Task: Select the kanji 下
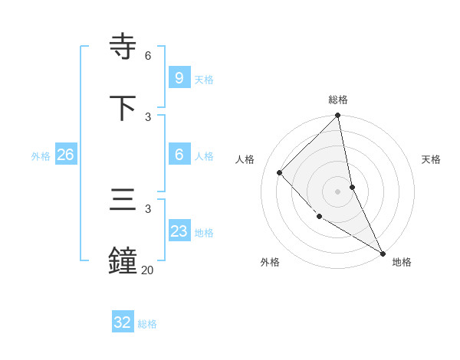124,108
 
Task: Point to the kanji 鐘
124,260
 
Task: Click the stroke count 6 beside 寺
148,56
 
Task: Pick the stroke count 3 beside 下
148,116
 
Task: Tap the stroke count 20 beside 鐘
147,270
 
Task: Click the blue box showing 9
179,78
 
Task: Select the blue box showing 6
179,155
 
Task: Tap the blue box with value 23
179,231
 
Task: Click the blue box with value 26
65,155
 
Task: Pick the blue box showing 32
123,322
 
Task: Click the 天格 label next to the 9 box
204,79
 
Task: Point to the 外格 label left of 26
41,155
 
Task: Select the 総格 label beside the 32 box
147,324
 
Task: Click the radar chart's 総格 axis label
338,100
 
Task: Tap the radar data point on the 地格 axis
382,253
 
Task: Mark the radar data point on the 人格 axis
280,172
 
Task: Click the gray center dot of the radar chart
338,191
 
